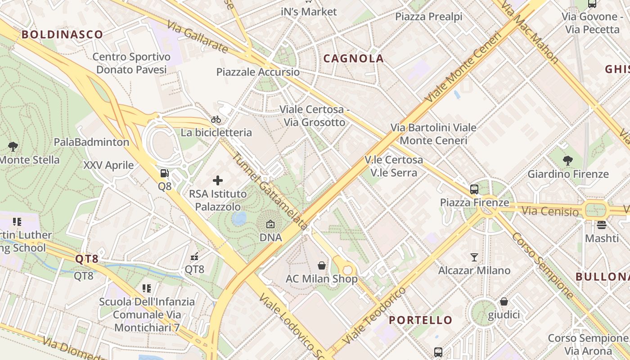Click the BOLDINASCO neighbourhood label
[x=62, y=34]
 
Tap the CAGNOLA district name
[x=354, y=58]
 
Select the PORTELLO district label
[x=420, y=320]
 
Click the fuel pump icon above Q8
[x=165, y=173]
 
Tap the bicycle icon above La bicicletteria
[x=216, y=119]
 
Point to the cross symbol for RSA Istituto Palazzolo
[x=218, y=181]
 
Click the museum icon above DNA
[x=270, y=224]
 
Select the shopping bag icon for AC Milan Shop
[x=322, y=265]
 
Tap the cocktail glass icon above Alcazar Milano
[x=474, y=257]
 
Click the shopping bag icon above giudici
[x=504, y=301]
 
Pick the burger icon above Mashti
[x=602, y=225]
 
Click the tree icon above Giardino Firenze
[x=568, y=160]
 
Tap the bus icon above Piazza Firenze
[x=474, y=189]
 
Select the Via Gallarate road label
[x=197, y=36]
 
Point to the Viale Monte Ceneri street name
[x=463, y=67]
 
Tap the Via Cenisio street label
[x=550, y=211]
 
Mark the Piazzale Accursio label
[x=258, y=72]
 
